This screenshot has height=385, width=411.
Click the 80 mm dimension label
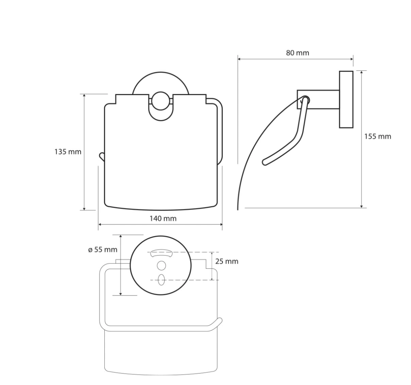pos(297,53)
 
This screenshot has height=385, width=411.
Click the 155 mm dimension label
pos(377,136)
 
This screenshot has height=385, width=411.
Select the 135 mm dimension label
pos(68,151)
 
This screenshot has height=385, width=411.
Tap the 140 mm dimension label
pos(163,218)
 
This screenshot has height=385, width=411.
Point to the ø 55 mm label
pos(103,250)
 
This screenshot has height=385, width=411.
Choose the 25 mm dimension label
pos(227,261)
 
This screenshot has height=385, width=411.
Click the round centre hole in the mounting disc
pos(161,265)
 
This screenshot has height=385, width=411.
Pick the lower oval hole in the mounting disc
pos(161,279)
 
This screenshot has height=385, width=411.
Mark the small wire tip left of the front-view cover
pos(101,156)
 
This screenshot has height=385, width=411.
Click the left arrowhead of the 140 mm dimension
pos(100,224)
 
